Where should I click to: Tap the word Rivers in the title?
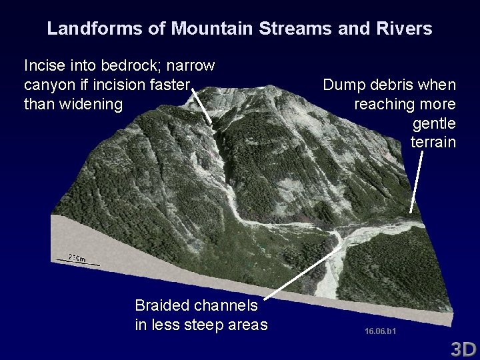pyautogui.click(x=405, y=29)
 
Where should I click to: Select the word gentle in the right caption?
pyautogui.click(x=434, y=124)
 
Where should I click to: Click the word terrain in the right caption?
pyautogui.click(x=433, y=143)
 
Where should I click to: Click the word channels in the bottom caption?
pyautogui.click(x=227, y=305)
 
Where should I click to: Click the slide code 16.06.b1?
pyautogui.click(x=381, y=331)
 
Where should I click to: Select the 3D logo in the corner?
pyautogui.click(x=463, y=349)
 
